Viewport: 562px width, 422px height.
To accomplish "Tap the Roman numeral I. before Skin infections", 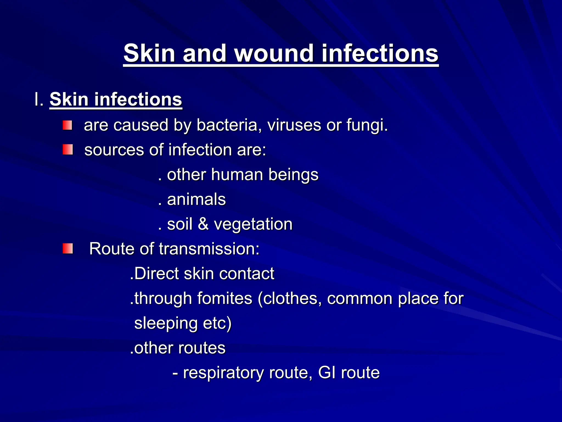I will tap(39, 99).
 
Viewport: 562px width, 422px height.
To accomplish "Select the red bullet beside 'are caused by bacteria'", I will tap(67, 125).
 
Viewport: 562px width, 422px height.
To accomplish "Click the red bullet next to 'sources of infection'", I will tap(68, 150).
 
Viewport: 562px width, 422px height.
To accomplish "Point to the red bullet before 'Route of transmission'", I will tap(68, 249).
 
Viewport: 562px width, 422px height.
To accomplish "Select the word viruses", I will tap(294, 125).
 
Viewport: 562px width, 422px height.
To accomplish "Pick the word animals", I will tap(196, 199).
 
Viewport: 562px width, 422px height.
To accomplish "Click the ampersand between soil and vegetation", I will tap(203, 224).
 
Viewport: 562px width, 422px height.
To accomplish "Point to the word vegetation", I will tap(253, 224).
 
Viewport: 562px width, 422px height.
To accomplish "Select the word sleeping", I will tap(166, 323).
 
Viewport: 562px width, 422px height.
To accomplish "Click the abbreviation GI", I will tap(327, 373).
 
